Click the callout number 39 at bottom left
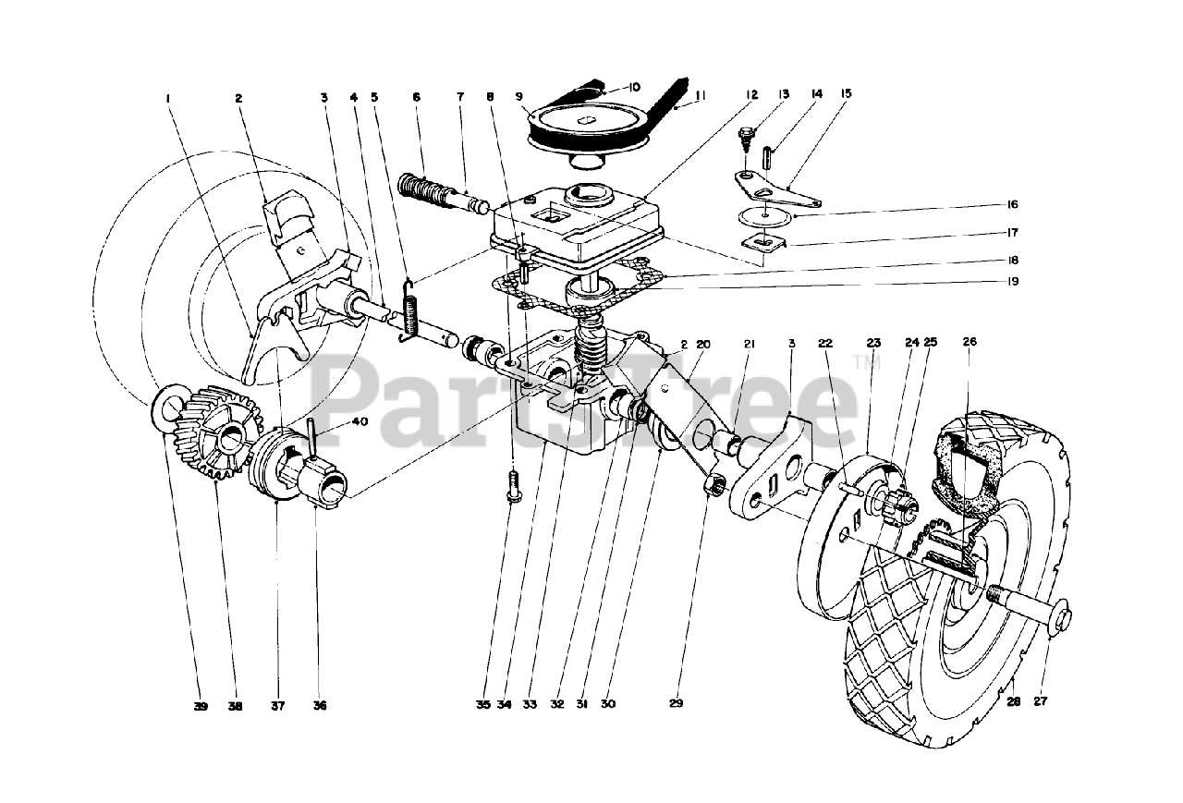click(x=201, y=706)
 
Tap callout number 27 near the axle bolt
click(x=1041, y=701)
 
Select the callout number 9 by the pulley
click(x=518, y=95)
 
